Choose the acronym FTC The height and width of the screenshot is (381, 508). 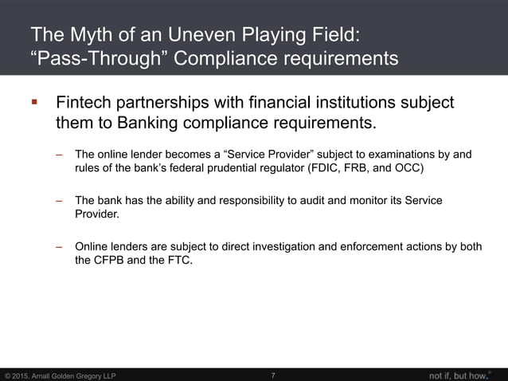click(176, 261)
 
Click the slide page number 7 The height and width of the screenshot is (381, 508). click(273, 375)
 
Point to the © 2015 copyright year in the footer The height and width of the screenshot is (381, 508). click(20, 375)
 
